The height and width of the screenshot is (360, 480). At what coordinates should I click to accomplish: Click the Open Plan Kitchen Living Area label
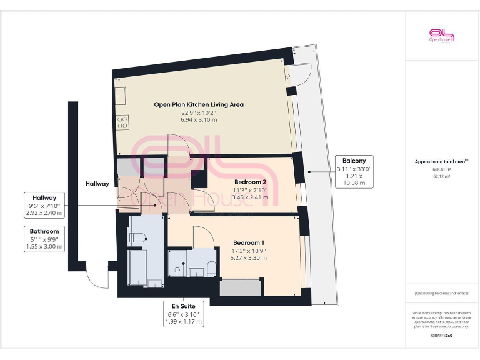pos(199,104)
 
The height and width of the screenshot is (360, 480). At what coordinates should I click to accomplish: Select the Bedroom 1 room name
pos(249,242)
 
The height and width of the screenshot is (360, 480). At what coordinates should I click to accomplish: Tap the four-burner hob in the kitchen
pos(123,122)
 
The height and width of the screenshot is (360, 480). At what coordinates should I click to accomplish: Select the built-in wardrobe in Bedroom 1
pos(240,288)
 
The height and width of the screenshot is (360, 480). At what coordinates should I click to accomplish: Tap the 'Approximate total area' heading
pos(441,161)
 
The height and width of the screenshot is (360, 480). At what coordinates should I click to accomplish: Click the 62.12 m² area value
pos(441,176)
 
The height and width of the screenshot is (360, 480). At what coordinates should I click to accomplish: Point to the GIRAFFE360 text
pos(441,336)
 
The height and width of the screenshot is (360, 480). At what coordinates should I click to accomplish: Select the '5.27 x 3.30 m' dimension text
pos(249,257)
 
